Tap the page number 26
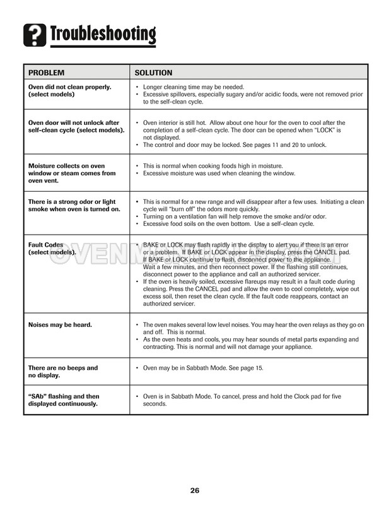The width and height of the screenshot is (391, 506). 195,490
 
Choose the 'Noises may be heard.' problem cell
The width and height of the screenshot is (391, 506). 60,325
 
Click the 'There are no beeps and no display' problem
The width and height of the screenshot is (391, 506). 62,372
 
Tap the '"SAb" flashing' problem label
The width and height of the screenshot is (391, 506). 64,400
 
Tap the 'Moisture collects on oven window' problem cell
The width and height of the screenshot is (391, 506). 72,173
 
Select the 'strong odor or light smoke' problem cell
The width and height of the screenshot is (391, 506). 74,205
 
